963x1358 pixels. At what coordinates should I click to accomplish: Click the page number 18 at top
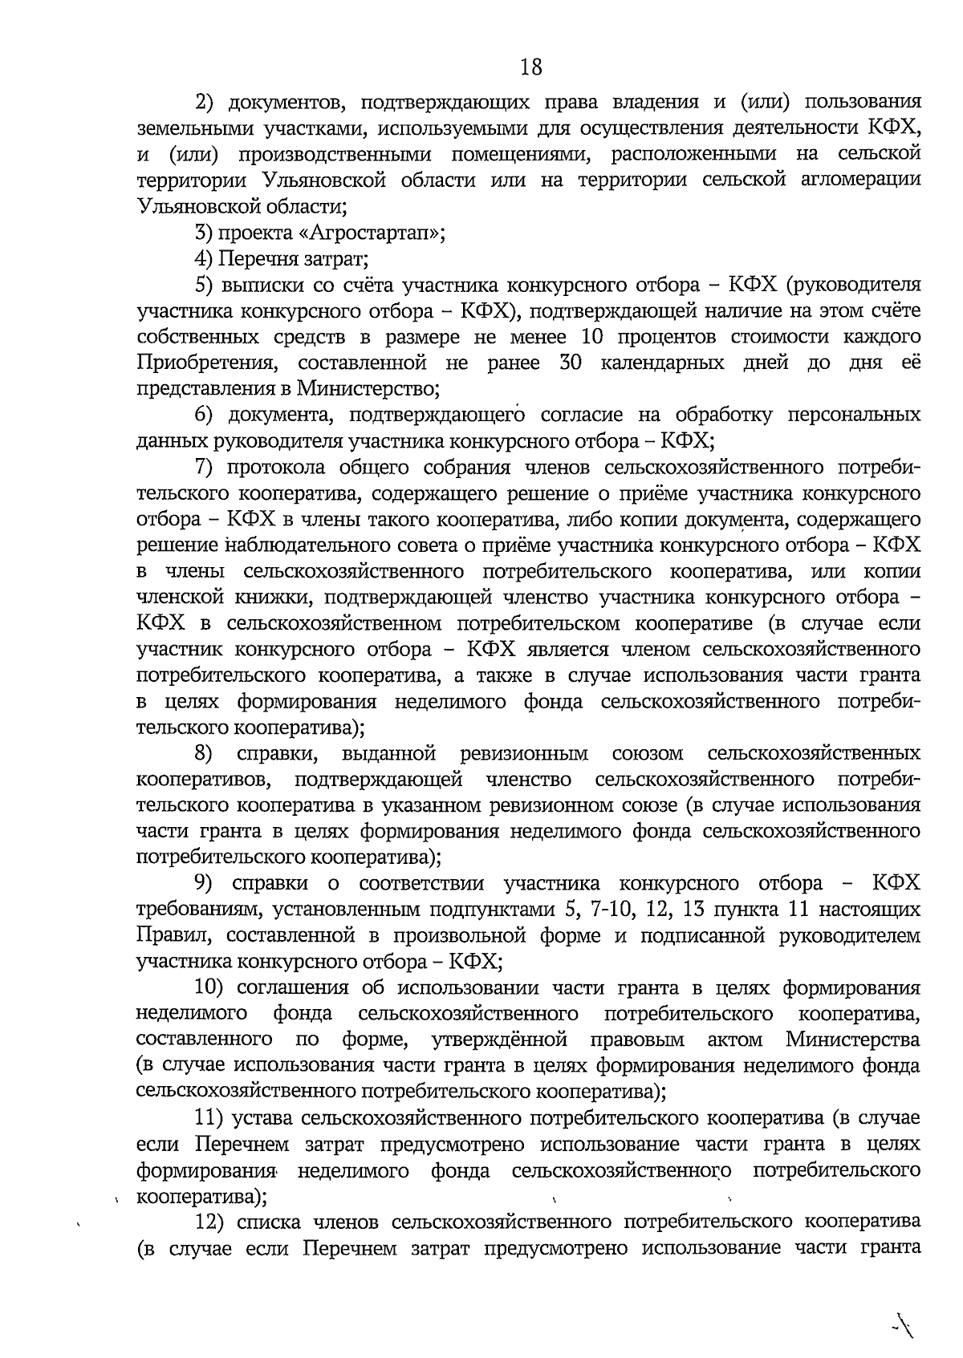click(530, 67)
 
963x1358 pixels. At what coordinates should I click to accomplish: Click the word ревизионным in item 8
click(524, 754)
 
